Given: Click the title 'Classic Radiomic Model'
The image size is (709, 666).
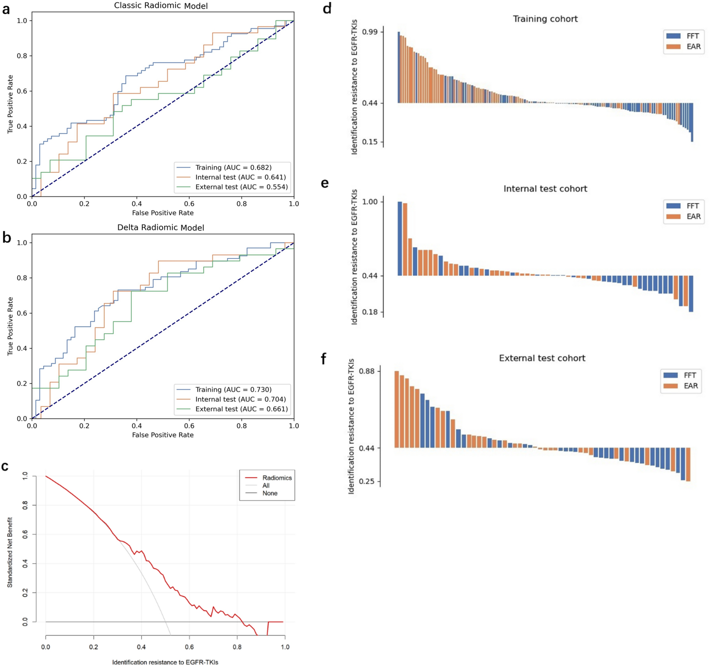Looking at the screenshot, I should click(161, 5).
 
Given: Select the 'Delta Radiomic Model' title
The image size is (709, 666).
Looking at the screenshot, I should click(161, 227).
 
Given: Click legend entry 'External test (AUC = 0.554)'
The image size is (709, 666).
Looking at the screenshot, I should click(241, 187).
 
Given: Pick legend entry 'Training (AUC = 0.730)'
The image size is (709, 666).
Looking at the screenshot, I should click(233, 390).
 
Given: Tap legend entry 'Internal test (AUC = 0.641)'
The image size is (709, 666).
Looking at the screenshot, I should click(241, 177).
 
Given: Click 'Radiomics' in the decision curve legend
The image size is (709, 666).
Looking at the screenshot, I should click(277, 478).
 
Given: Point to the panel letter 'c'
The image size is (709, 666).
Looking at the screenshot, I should click(5, 466).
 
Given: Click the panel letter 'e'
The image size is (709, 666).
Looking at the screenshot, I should click(324, 183).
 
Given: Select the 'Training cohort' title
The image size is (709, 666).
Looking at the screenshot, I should click(545, 19).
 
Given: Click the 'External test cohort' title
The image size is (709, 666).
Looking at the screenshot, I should click(542, 358).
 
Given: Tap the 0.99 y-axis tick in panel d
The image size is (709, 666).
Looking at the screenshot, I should click(370, 32).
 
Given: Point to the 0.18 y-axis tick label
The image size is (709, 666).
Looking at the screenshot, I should click(370, 312).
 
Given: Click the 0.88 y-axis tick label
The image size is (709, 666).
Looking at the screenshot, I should click(367, 371).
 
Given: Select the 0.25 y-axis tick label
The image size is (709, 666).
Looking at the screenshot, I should click(367, 481).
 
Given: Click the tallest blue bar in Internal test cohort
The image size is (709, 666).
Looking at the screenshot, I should click(400, 238).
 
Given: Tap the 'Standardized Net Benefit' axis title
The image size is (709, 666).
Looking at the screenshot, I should click(10, 552).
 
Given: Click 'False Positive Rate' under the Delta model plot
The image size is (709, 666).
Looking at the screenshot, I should click(163, 435).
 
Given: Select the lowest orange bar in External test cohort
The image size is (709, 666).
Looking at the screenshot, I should click(688, 464).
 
